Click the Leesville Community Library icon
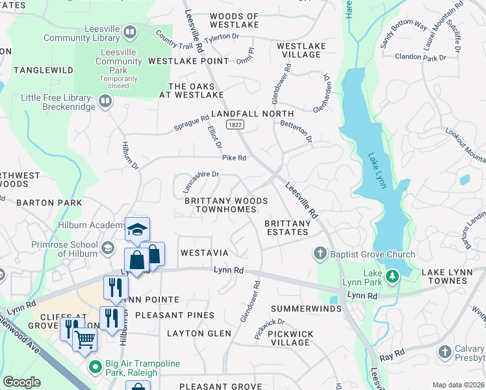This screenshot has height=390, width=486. (130, 32)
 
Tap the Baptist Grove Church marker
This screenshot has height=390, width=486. (319, 252)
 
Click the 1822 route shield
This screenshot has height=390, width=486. (235, 123)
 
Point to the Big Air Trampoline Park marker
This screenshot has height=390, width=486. (96, 367)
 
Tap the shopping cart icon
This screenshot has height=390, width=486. (84, 338)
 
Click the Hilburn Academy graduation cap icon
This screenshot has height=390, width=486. (137, 229)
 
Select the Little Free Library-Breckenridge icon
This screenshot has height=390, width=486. (105, 101)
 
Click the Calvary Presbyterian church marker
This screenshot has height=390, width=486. (445, 352)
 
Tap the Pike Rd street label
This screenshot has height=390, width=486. (234, 158)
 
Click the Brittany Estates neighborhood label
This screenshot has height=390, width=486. (287, 227)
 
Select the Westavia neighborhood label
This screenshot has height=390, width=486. (204, 252)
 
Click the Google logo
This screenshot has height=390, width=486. (22, 382)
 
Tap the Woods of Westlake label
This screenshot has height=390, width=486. (235, 20)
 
